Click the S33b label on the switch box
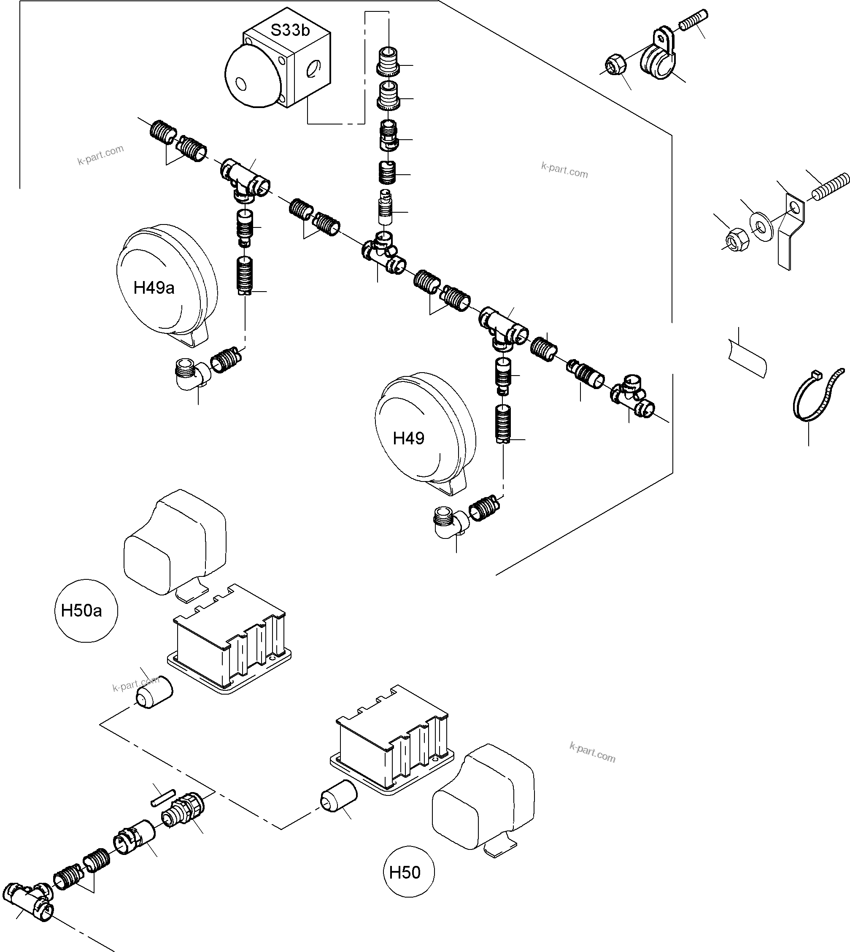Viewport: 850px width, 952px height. (290, 30)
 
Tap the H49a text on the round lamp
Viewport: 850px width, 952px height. (154, 288)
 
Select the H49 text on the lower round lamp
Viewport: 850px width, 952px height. (408, 438)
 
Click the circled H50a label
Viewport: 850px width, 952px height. (81, 611)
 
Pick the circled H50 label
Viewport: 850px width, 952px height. (405, 872)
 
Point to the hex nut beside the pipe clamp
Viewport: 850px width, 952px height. (613, 65)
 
